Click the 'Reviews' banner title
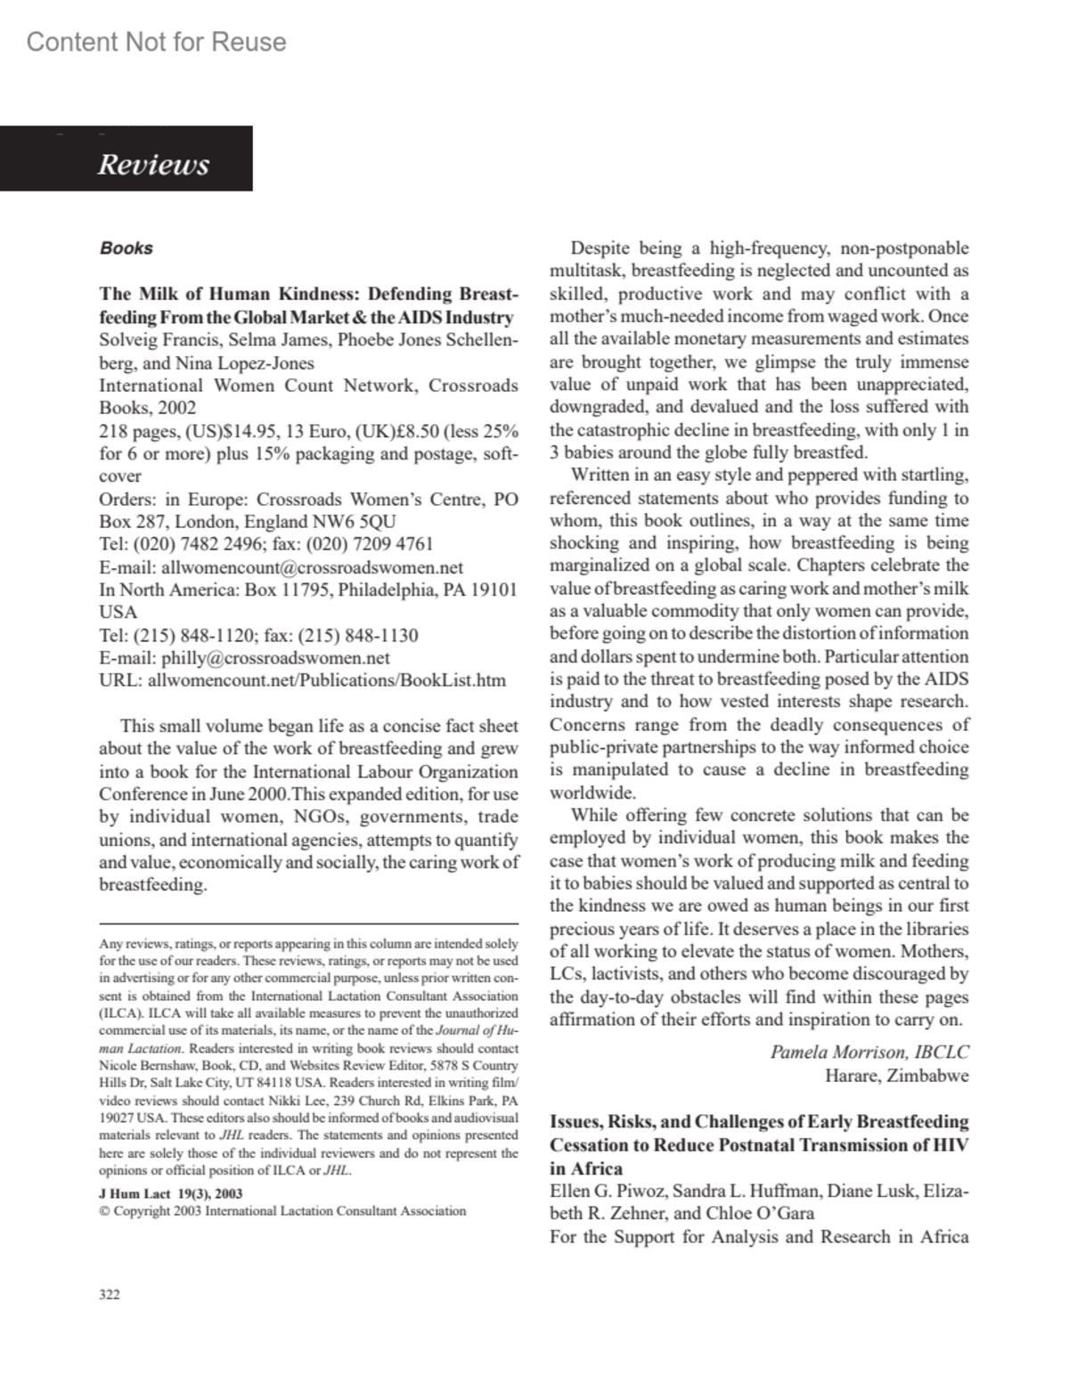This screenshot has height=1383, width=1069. [x=153, y=165]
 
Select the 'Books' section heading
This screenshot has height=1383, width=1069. [x=126, y=248]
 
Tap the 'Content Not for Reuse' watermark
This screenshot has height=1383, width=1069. [x=157, y=42]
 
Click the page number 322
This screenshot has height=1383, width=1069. [x=109, y=1294]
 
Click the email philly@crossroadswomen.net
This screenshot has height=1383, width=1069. [x=275, y=658]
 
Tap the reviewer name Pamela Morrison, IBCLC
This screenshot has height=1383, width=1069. [x=869, y=1052]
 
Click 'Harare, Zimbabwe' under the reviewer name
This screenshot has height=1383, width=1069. [x=897, y=1075]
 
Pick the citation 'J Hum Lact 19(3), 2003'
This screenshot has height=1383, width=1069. [x=171, y=1193]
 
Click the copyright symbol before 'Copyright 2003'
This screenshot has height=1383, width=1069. [x=104, y=1211]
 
